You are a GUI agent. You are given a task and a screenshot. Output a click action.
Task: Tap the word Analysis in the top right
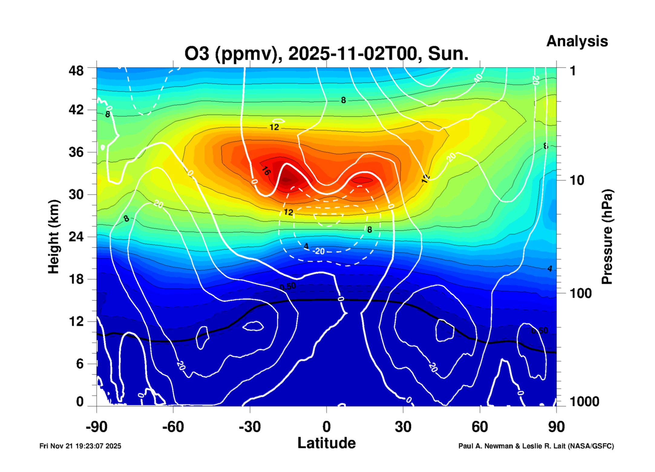tap(577, 41)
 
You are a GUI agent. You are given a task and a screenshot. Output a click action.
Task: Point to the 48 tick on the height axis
tap(76, 71)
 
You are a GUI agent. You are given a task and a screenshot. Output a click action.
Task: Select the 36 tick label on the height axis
tap(76, 152)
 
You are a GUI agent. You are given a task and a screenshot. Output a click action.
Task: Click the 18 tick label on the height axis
tap(76, 279)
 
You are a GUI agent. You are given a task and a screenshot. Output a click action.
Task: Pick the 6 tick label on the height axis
tap(80, 363)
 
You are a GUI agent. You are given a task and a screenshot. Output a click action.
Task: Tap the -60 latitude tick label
tap(173, 427)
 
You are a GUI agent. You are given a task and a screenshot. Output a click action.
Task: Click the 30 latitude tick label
tap(403, 427)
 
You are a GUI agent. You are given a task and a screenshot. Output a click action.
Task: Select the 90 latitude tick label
tap(556, 427)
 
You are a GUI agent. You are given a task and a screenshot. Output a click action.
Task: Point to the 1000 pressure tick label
tap(584, 402)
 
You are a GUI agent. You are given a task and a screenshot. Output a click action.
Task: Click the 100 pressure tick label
tap(581, 293)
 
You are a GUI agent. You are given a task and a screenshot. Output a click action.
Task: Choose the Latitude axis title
tap(326, 443)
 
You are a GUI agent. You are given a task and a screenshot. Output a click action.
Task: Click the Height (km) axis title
tap(54, 236)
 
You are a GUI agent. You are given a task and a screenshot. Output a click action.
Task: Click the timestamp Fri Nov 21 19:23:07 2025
tap(80, 446)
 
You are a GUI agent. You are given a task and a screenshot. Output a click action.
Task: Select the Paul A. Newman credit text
tap(536, 446)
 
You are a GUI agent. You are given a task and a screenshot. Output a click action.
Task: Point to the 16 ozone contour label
tap(266, 171)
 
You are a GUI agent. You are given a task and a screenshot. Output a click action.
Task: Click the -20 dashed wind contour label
tap(319, 251)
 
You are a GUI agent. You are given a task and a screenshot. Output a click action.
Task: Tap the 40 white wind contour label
tap(478, 78)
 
